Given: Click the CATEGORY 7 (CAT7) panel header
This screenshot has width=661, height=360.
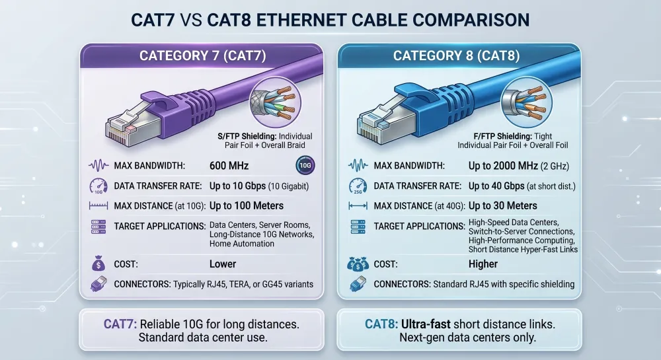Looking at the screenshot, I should click(202, 55).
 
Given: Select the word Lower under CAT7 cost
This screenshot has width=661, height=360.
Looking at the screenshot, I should click(223, 264).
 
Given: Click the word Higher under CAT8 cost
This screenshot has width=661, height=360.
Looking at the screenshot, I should click(483, 264).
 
